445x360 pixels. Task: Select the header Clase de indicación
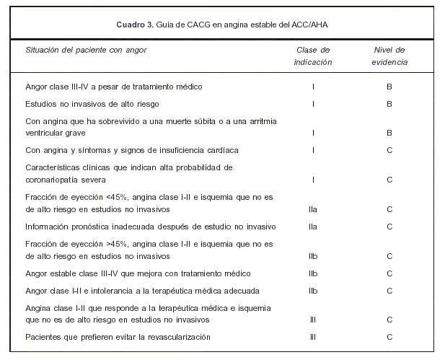pyautogui.click(x=313, y=56)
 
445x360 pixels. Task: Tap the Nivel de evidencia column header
pyautogui.click(x=389, y=56)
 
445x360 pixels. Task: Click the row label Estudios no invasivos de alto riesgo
pyautogui.click(x=93, y=104)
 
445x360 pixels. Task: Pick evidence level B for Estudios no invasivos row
pyautogui.click(x=389, y=104)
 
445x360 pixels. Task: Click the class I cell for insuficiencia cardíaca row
pyautogui.click(x=313, y=150)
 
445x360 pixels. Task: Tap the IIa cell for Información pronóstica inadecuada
pyautogui.click(x=313, y=227)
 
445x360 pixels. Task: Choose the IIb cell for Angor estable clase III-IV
pyautogui.click(x=313, y=273)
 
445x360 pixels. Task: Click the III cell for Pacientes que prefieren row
pyautogui.click(x=313, y=336)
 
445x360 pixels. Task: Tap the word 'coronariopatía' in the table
pyautogui.click(x=54, y=180)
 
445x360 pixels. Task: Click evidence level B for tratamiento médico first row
pyautogui.click(x=389, y=87)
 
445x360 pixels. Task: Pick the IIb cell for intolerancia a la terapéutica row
pyautogui.click(x=313, y=291)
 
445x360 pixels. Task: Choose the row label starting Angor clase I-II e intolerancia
pyautogui.click(x=131, y=291)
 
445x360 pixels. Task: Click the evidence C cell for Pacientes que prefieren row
pyautogui.click(x=389, y=336)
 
